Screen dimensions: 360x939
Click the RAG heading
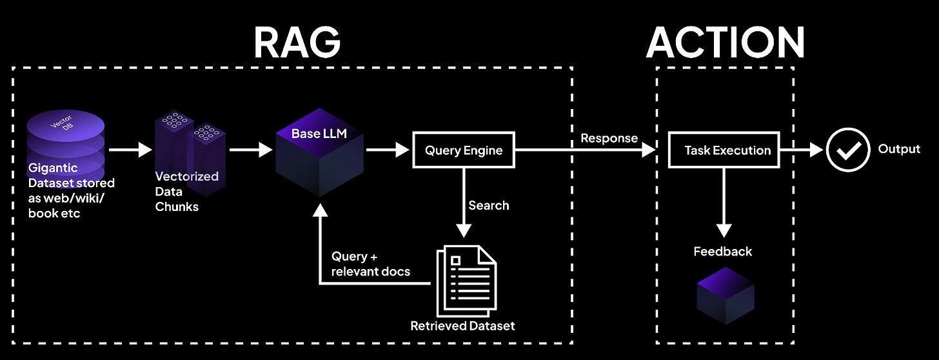(297, 43)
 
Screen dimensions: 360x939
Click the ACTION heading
(726, 43)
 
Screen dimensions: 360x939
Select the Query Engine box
(463, 150)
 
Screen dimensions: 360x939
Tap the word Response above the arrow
(609, 138)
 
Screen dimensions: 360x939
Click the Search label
(488, 205)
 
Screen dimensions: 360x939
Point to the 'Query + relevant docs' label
(370, 264)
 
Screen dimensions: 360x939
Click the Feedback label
(722, 252)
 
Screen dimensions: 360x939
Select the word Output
(899, 149)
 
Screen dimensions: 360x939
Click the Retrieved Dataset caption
(462, 326)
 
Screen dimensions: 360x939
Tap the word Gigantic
(53, 168)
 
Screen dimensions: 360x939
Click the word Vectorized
(186, 176)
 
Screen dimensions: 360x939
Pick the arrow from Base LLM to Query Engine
(388, 150)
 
